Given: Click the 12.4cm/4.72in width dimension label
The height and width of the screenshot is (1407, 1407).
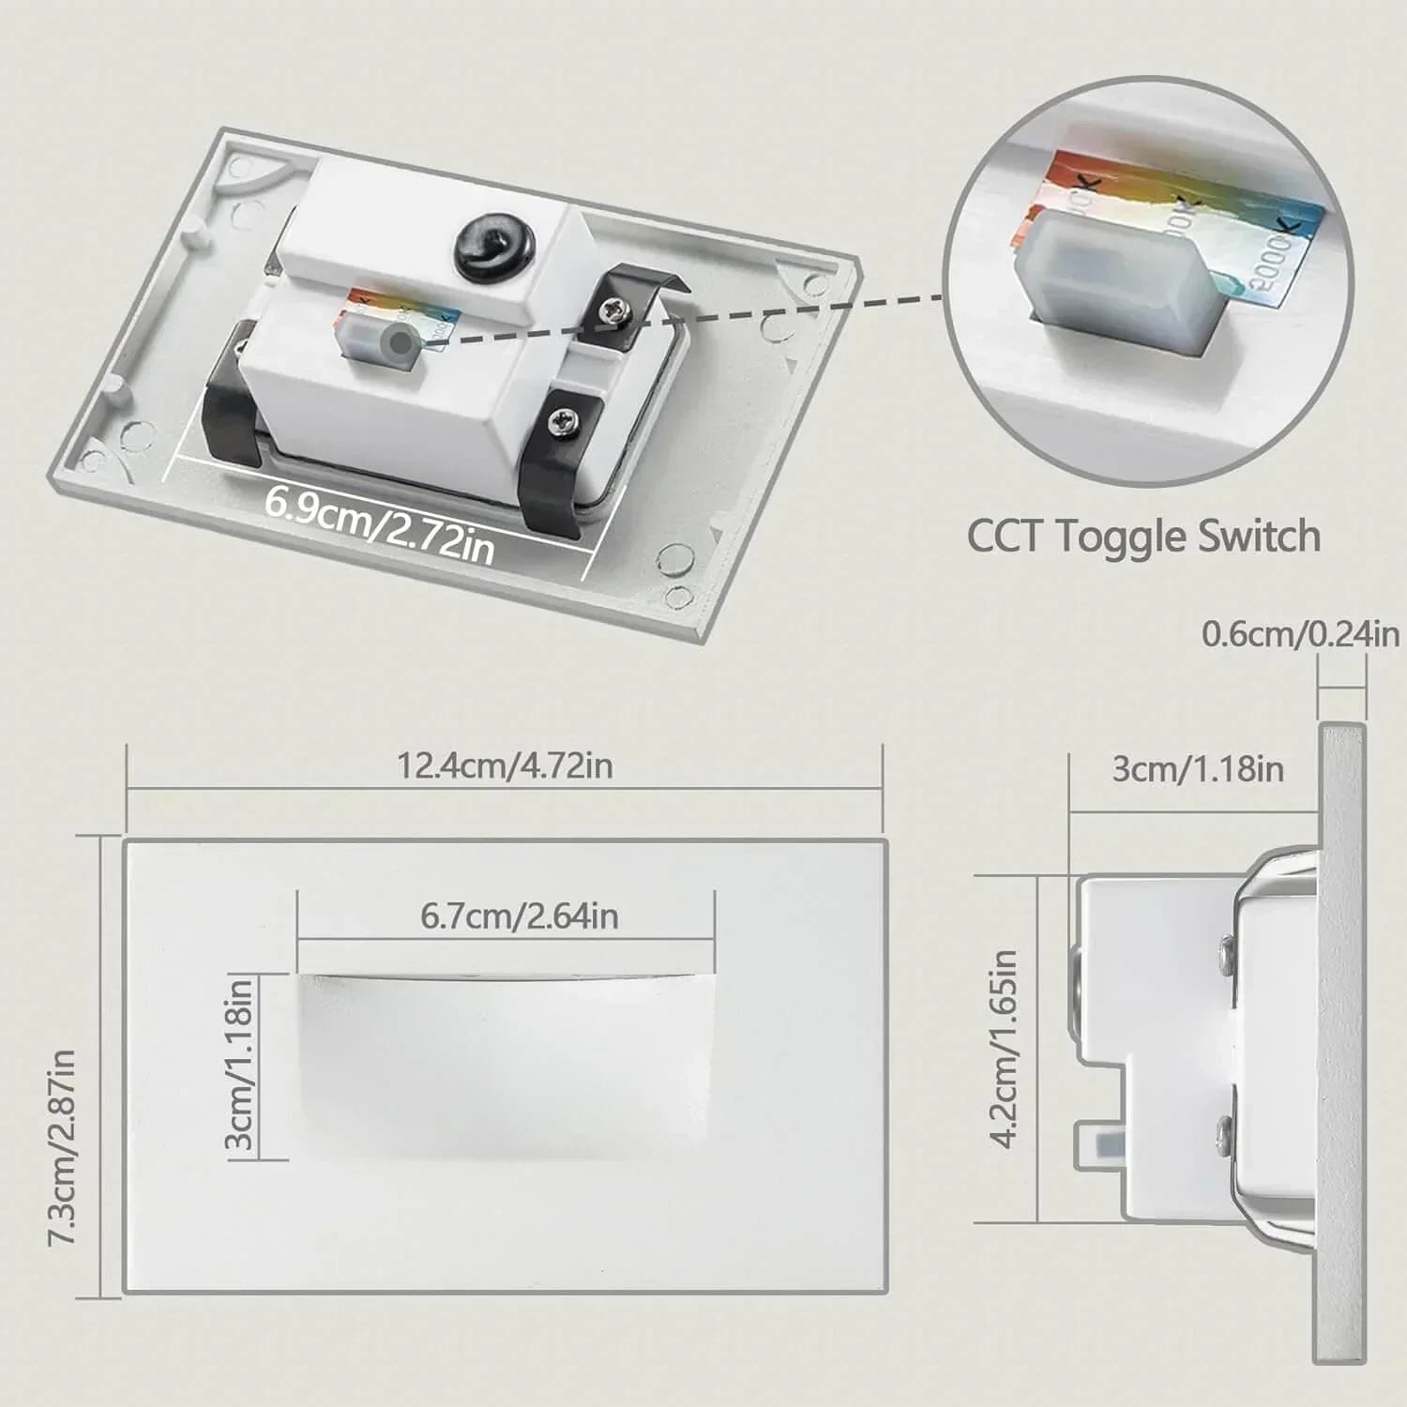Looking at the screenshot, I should coord(505,765).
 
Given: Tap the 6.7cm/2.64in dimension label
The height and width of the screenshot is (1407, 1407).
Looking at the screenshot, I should coord(519,915).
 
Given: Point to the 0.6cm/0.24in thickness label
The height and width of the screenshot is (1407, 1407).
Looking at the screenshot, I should coord(1300,635).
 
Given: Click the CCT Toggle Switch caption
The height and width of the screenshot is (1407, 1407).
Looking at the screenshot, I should coord(1143,537).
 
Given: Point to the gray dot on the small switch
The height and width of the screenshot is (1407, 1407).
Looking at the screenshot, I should coord(401,342).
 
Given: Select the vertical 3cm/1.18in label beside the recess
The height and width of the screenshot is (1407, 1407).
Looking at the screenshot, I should coord(240,1063).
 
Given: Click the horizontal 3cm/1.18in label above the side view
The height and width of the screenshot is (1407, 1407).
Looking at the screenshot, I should coord(1197,769).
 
